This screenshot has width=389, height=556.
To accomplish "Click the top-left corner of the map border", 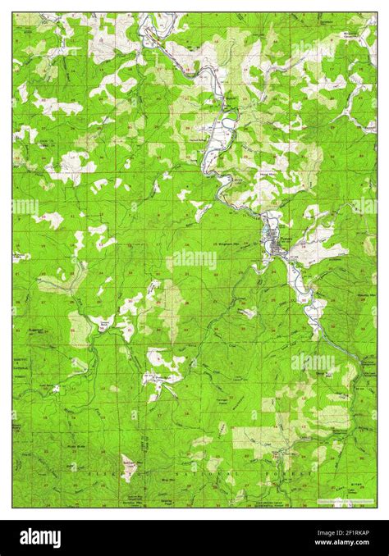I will [x=13, y=12].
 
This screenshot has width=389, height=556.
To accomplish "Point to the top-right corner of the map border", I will [x=377, y=12].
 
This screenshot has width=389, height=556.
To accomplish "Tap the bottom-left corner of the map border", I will [x=13, y=507].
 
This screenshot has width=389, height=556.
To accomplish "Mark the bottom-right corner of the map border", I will [x=377, y=507].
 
